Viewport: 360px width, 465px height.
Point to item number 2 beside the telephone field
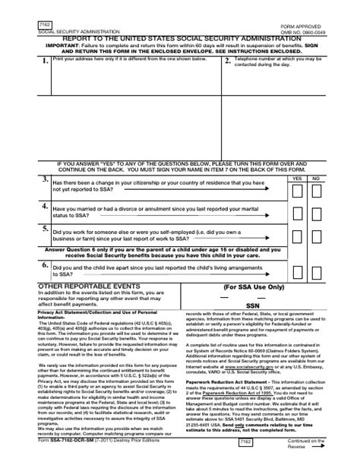[x=228, y=63]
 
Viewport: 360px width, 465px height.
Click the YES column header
[x=298, y=176]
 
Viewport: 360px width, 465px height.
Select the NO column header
[x=317, y=176]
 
